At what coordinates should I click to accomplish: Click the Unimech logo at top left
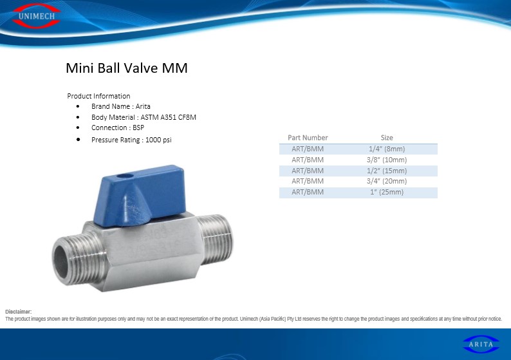[x=36, y=15]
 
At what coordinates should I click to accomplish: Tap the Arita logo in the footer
[x=481, y=344]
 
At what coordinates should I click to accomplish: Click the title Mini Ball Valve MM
[x=126, y=68]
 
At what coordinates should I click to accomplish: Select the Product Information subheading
[x=98, y=96]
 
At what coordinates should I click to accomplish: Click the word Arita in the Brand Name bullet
[x=143, y=106]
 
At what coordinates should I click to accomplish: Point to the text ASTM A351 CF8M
[x=169, y=117]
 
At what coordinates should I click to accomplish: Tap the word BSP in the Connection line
[x=138, y=128]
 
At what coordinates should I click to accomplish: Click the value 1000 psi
[x=158, y=140]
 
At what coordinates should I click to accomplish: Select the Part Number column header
[x=308, y=138]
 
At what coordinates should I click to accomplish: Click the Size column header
[x=387, y=138]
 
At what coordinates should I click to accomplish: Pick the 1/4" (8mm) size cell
[x=387, y=149]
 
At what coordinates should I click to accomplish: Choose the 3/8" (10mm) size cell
[x=387, y=160]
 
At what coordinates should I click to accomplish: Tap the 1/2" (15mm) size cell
[x=387, y=171]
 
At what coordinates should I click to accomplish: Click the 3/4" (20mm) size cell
[x=387, y=181]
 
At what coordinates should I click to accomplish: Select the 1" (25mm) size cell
[x=387, y=192]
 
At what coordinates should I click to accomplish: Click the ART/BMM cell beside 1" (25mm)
[x=308, y=192]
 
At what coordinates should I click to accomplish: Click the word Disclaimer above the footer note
[x=19, y=312]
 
